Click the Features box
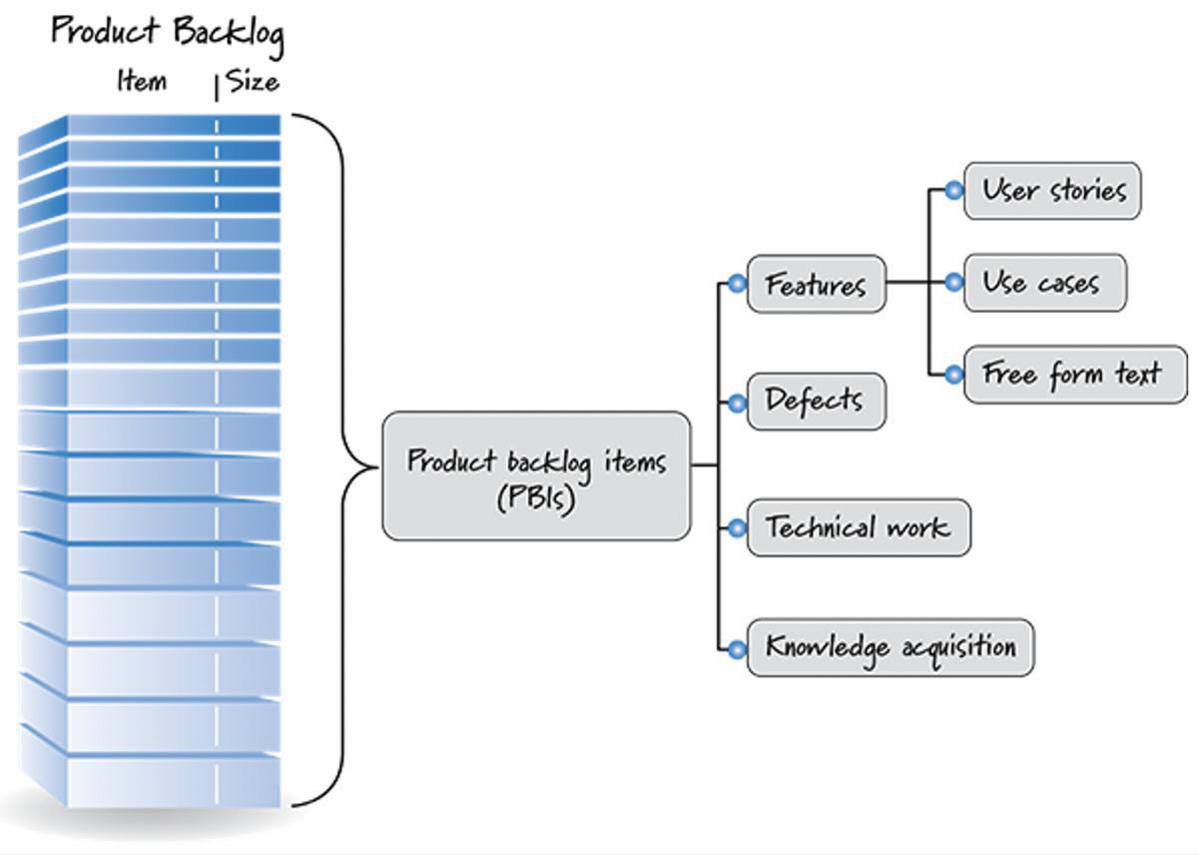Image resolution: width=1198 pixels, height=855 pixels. pyautogui.click(x=817, y=285)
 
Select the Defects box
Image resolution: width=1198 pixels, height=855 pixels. pyautogui.click(x=816, y=402)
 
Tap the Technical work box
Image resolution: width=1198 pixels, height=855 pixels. pyautogui.click(x=858, y=527)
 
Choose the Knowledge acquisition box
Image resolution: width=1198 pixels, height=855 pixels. pyautogui.click(x=891, y=648)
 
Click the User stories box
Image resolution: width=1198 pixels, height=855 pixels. pyautogui.click(x=1052, y=191)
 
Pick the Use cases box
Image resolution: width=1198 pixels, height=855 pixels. pyautogui.click(x=1044, y=283)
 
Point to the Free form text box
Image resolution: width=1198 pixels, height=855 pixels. pyautogui.click(x=1075, y=375)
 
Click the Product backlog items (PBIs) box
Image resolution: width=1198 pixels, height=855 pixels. pyautogui.click(x=536, y=476)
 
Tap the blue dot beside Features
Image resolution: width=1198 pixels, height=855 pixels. pyautogui.click(x=737, y=285)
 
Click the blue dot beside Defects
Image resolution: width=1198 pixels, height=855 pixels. pyautogui.click(x=737, y=403)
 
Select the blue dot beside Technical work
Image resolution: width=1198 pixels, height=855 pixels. pyautogui.click(x=737, y=527)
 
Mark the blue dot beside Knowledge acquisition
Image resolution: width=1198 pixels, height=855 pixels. pyautogui.click(x=737, y=649)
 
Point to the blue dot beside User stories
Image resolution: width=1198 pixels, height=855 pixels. pyautogui.click(x=953, y=190)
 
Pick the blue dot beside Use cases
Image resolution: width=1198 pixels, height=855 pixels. pyautogui.click(x=953, y=283)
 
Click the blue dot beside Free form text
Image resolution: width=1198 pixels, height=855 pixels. pyautogui.click(x=953, y=375)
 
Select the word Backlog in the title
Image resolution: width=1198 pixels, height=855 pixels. pyautogui.click(x=229, y=34)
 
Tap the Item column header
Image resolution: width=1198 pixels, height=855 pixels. pyautogui.click(x=143, y=81)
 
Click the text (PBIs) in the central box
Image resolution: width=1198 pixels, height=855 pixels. pyautogui.click(x=536, y=497)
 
